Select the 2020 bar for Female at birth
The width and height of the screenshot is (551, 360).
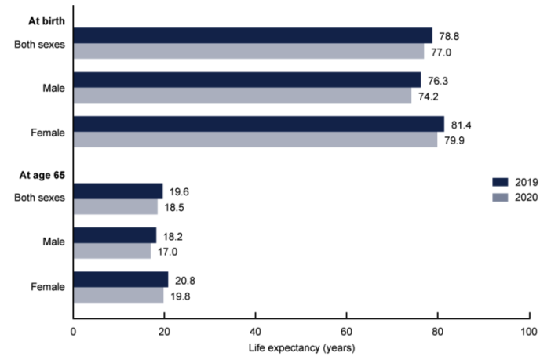(x=255, y=140)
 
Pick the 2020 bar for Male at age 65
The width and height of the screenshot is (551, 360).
(x=111, y=252)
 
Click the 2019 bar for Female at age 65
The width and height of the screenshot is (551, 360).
(x=120, y=280)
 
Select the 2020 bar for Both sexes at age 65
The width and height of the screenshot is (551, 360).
(x=115, y=207)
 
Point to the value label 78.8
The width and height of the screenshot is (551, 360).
(x=449, y=35)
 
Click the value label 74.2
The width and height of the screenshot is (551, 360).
(x=428, y=96)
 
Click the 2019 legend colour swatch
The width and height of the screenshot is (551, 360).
(x=500, y=182)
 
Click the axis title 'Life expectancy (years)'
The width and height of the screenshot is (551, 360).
(x=301, y=347)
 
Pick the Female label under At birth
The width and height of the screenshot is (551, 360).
(x=49, y=133)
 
